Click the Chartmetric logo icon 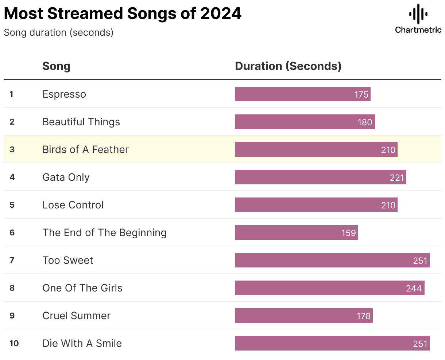418,14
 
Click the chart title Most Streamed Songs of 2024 123,13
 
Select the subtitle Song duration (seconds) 58,32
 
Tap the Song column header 56,66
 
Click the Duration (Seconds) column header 288,66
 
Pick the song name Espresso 64,94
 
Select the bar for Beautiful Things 305,122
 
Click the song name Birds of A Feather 85,149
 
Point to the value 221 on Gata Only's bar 397,177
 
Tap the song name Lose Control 73,205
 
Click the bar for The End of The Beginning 296,232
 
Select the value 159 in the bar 348,233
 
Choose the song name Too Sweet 68,260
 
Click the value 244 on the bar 414,288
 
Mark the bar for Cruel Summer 303,316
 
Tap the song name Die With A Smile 82,343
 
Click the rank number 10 14,343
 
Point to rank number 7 12,260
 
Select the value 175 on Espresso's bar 361,94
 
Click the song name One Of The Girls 82,288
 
